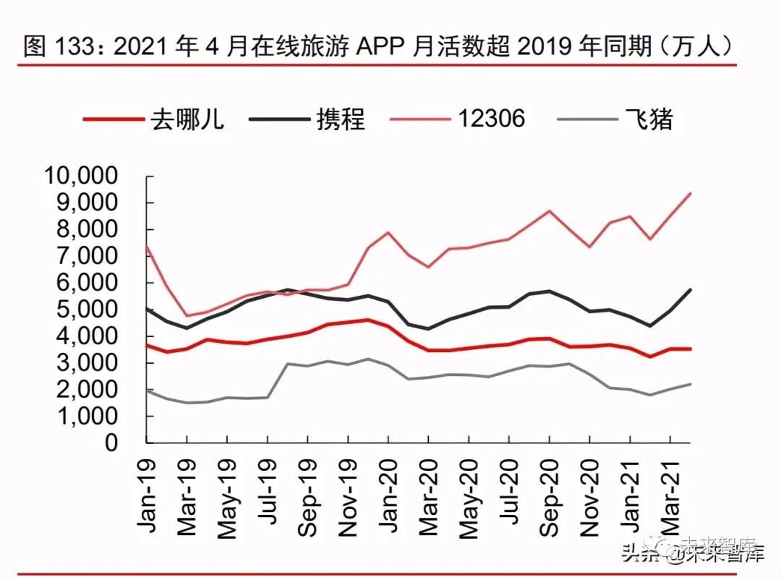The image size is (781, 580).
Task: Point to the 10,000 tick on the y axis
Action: tap(81, 176)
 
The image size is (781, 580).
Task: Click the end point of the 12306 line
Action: tap(690, 193)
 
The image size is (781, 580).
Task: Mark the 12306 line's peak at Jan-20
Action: tap(388, 232)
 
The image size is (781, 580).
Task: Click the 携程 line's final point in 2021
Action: tap(690, 289)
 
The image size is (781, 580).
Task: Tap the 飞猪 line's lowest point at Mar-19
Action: tap(187, 403)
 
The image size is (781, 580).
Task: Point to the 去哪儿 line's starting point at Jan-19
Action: tap(147, 345)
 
